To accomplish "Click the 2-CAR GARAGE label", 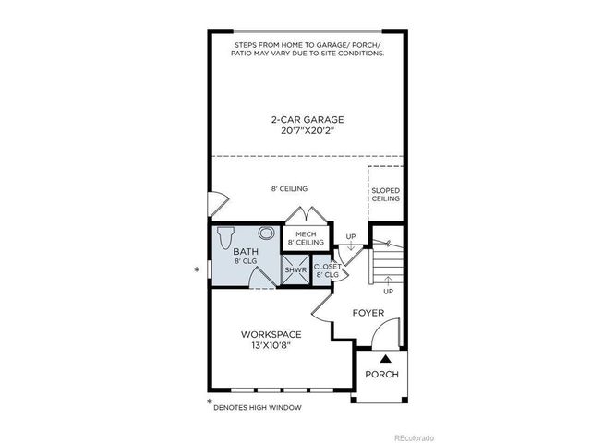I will [x=308, y=119].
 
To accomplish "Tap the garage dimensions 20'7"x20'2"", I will [x=308, y=131].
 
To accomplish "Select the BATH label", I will [x=245, y=251].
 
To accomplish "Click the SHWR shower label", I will [x=295, y=269].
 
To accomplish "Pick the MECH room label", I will [x=306, y=234].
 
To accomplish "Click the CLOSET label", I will [x=329, y=266].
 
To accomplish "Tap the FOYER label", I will [x=368, y=313].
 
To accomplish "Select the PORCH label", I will [x=381, y=374].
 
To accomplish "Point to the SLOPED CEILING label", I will [x=385, y=194].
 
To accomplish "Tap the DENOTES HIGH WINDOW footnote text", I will [x=257, y=407].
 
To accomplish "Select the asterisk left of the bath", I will [x=197, y=269].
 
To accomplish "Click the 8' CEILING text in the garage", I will [x=289, y=189].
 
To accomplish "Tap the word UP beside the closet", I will [x=350, y=236].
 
